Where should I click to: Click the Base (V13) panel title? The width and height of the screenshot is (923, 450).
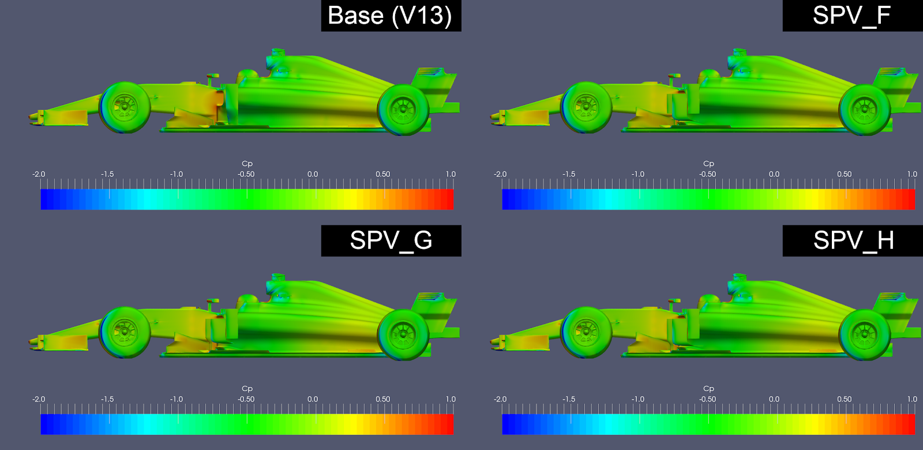tap(390, 16)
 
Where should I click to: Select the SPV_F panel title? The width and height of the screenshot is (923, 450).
tap(851, 16)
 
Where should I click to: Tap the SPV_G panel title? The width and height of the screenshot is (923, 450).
tap(391, 240)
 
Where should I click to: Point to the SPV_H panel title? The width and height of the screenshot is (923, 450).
tap(853, 240)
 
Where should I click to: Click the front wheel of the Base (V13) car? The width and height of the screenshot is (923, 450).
tap(125, 107)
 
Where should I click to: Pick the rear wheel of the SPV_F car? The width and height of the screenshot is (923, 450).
tap(865, 110)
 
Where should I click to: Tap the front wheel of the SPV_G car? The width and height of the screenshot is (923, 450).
tap(125, 333)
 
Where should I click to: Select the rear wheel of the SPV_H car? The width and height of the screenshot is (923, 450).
tap(865, 335)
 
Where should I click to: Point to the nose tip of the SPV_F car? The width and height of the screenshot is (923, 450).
tap(491, 117)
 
